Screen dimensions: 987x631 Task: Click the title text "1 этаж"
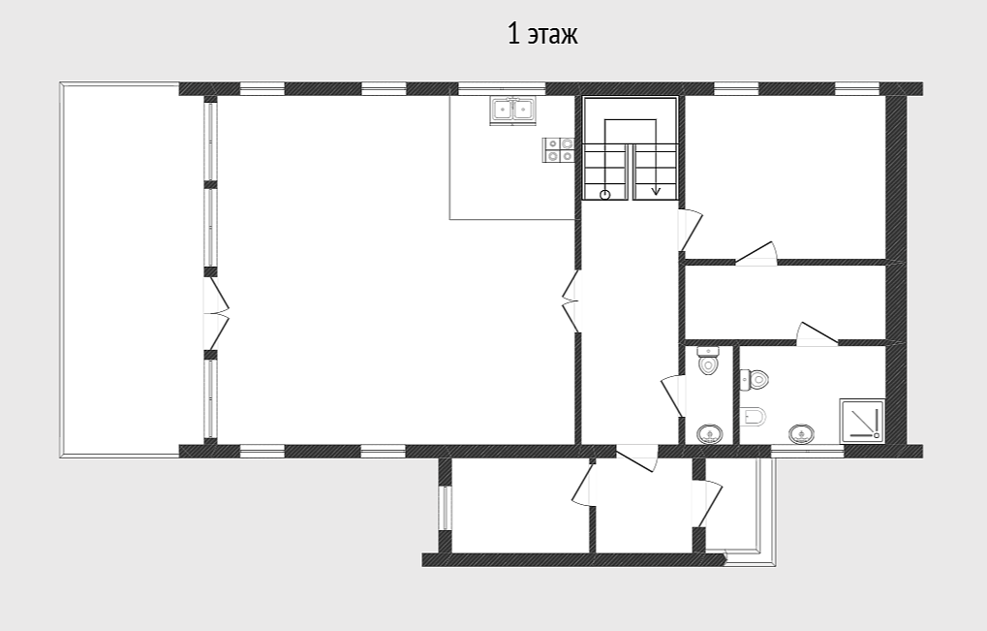click(542, 34)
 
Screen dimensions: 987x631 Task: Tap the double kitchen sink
click(512, 110)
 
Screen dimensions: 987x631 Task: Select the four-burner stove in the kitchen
click(558, 150)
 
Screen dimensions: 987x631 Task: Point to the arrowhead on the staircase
click(656, 190)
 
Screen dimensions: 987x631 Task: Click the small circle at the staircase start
click(605, 195)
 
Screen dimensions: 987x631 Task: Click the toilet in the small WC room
click(709, 362)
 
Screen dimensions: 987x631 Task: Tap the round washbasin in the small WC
click(710, 434)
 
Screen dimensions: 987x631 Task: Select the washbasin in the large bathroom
click(801, 433)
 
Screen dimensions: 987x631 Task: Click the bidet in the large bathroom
click(754, 416)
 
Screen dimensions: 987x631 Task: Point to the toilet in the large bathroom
click(755, 379)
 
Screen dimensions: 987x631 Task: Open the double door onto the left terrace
click(215, 314)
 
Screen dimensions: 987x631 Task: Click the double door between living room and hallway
click(571, 301)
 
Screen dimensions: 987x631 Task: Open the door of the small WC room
click(672, 395)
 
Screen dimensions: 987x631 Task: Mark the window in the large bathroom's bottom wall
click(807, 451)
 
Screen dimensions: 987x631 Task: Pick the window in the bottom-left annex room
click(445, 508)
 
